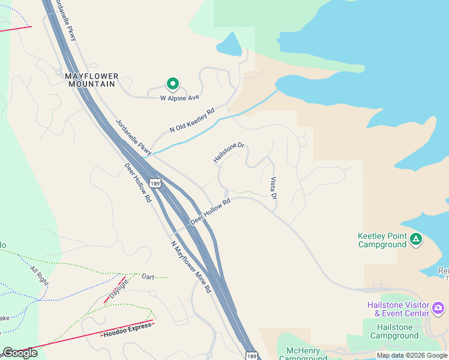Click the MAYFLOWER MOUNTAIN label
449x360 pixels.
pos(91,80)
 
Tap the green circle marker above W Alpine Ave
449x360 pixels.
pos(172,84)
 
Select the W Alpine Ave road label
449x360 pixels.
pos(179,97)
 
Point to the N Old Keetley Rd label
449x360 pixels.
pos(191,120)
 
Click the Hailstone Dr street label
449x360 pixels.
pos(229,152)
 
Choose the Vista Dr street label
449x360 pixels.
pos(274,188)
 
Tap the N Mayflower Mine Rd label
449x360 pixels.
pos(191,266)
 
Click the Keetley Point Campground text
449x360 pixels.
pos(382,240)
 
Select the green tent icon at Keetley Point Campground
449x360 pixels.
pos(415,240)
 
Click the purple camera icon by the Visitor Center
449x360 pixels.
pos(438,308)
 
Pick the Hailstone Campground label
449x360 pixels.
pos(394,331)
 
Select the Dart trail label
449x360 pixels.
pos(148,277)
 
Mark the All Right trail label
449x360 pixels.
pos(38,273)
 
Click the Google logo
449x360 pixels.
pos(20,353)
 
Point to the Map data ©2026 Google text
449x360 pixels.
pos(411,355)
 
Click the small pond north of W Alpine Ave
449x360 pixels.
pos(228,44)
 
